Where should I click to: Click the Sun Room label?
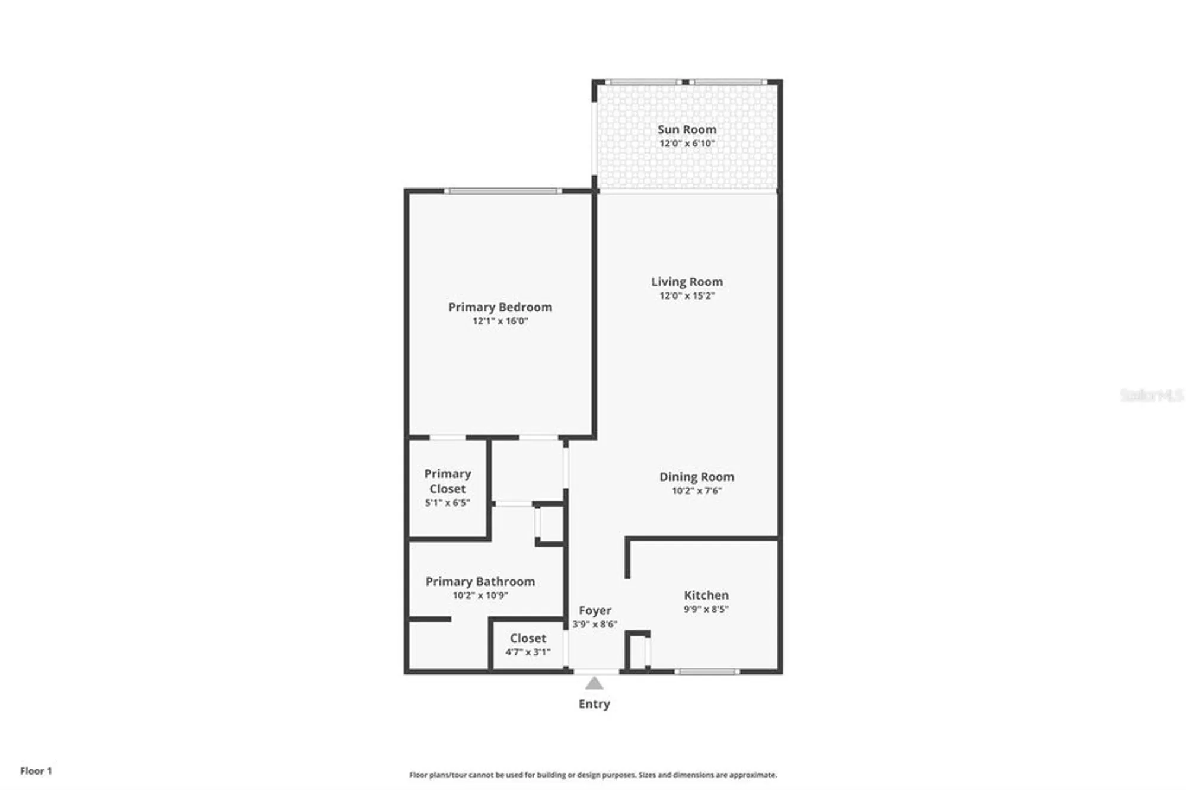(x=687, y=129)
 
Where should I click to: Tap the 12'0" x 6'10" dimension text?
(x=687, y=144)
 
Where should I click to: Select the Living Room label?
(x=687, y=282)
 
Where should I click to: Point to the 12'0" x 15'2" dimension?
(x=687, y=296)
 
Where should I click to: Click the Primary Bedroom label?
(x=500, y=307)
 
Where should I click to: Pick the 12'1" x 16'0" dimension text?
(x=500, y=321)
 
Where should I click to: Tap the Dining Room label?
(x=696, y=477)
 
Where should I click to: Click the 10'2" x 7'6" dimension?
(x=696, y=491)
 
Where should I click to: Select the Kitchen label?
(x=706, y=595)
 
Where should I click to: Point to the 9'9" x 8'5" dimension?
(x=706, y=609)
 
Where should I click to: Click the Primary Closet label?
(x=447, y=481)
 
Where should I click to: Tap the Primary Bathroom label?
(x=480, y=582)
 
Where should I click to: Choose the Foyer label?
(x=595, y=610)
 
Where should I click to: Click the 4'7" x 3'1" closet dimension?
(x=528, y=652)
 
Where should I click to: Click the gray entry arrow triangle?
(x=594, y=684)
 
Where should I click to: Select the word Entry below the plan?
(x=594, y=704)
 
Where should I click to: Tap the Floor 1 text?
(x=36, y=771)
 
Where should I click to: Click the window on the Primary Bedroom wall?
(x=503, y=191)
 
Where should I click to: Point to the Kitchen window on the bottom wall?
(x=707, y=672)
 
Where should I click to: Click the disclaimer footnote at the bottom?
(x=593, y=775)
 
